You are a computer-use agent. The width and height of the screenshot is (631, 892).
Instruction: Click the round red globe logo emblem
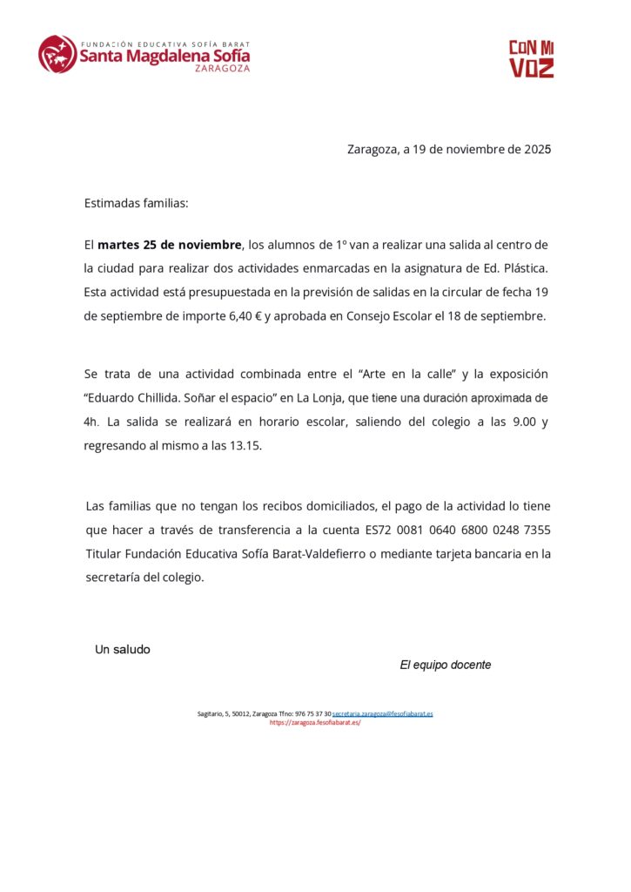(x=57, y=54)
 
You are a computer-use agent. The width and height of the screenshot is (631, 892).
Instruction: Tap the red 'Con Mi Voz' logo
(x=531, y=58)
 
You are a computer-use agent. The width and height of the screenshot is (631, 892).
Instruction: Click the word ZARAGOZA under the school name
(x=222, y=68)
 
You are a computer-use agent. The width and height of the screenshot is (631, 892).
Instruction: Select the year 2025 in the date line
(x=537, y=149)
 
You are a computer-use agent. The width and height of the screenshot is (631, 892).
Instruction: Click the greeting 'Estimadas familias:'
(x=136, y=203)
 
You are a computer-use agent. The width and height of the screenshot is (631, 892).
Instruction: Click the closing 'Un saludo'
(x=122, y=649)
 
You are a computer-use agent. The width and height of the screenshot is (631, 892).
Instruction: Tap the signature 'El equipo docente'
(x=445, y=665)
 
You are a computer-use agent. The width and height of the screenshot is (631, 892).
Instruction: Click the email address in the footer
(x=382, y=713)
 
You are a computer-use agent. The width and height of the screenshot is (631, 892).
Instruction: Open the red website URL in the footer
(x=315, y=722)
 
